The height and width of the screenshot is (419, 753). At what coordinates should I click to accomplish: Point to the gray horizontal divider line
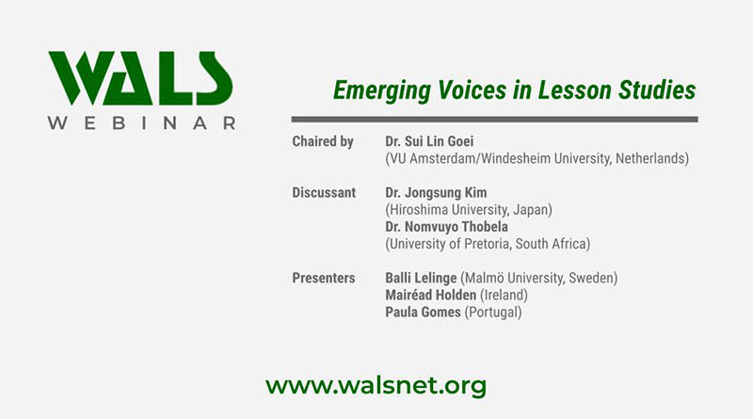coord(494,120)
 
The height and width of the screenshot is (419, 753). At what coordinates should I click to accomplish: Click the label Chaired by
coord(323,142)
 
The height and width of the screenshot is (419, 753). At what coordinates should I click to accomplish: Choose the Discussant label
coord(324,193)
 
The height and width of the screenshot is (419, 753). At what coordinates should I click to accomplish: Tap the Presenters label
coord(324,279)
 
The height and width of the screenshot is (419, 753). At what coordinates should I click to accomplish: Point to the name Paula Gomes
coord(424,313)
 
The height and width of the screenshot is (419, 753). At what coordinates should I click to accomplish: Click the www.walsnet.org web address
coord(376,385)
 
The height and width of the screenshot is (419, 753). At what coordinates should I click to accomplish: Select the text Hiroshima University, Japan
coord(469,210)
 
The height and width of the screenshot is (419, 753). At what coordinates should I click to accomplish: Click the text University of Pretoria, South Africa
coord(488,244)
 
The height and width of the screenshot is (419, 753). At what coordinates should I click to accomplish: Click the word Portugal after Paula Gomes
coord(492,313)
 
